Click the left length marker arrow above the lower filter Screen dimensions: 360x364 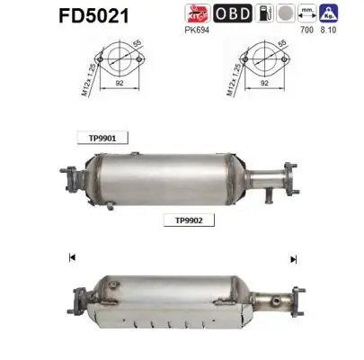pos(70,258)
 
